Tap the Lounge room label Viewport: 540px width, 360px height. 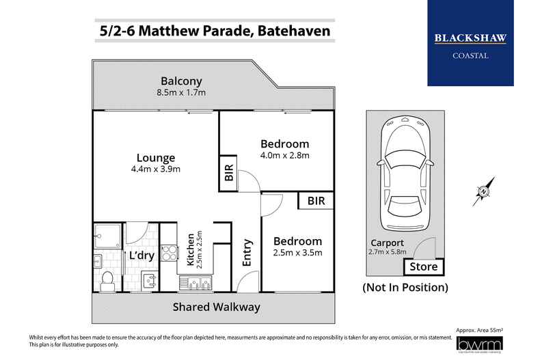(x=155, y=157)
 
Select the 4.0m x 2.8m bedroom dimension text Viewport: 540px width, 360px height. (x=285, y=155)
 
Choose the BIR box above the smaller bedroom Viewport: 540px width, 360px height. (x=316, y=201)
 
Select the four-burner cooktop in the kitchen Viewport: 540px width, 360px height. (x=167, y=253)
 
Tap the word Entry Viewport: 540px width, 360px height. (x=247, y=252)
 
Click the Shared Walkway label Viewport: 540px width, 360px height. (x=216, y=307)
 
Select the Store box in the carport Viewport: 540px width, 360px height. (x=424, y=266)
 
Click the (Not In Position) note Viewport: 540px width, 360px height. (x=405, y=287)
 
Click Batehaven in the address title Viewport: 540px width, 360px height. (x=291, y=31)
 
